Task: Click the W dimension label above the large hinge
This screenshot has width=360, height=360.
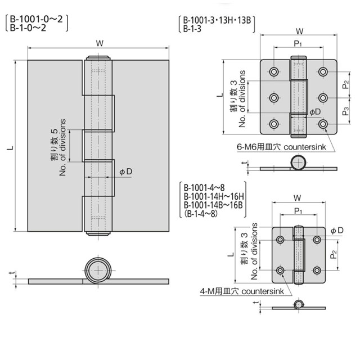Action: (100, 43)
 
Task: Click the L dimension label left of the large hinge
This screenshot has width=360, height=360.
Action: (10, 147)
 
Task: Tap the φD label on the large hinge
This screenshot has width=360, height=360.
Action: (126, 172)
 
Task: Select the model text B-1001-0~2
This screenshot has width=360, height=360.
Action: (36, 19)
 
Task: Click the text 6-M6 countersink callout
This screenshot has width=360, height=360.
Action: (281, 147)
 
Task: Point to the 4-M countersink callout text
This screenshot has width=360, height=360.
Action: (242, 291)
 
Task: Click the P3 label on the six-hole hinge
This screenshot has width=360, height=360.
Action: (345, 111)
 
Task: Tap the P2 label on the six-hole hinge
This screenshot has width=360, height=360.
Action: (345, 84)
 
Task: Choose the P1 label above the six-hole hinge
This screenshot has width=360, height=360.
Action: (298, 43)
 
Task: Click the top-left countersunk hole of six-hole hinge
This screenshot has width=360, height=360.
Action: (274, 71)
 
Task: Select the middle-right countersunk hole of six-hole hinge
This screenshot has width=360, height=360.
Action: (323, 98)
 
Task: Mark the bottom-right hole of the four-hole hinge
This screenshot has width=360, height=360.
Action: (317, 271)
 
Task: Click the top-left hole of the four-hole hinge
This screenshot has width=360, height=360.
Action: (280, 240)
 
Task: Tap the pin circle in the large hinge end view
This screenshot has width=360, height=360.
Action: (98, 271)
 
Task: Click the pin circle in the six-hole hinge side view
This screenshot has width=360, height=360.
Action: (298, 163)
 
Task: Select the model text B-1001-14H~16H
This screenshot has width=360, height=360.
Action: (214, 196)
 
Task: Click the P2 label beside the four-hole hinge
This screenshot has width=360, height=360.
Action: (334, 255)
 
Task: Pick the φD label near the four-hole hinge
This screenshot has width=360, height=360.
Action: (337, 230)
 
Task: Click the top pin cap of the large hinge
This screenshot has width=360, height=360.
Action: (98, 57)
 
